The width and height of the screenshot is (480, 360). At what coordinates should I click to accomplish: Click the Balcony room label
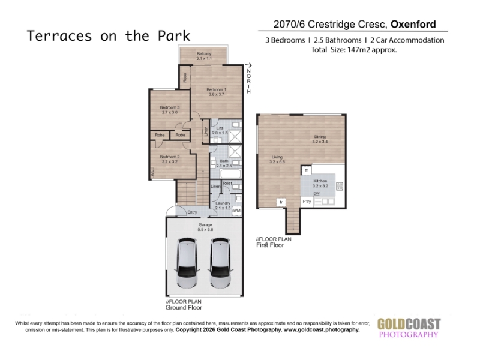(x=204, y=56)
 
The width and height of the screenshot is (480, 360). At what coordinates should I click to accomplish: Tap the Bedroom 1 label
(x=217, y=92)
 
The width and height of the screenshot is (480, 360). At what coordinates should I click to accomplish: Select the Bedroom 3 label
(x=170, y=110)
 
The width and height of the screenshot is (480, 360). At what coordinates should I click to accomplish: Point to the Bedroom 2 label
(x=170, y=159)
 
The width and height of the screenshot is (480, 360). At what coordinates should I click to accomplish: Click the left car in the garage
(x=187, y=263)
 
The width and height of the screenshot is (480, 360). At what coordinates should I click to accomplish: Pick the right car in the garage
(x=220, y=263)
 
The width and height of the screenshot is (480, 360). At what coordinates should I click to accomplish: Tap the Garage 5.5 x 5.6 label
(x=205, y=227)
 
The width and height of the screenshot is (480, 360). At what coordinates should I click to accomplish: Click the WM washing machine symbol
(x=237, y=211)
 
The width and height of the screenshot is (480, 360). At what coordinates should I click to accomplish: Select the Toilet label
(x=227, y=183)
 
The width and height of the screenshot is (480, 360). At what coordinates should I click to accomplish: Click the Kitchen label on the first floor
(x=320, y=184)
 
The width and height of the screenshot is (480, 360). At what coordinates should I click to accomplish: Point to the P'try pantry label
(x=307, y=202)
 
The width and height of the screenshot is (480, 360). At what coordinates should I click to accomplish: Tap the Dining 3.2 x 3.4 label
(x=320, y=139)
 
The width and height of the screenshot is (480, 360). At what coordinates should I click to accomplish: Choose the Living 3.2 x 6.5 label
(x=277, y=160)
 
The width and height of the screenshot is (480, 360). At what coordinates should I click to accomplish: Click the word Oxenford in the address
(x=413, y=24)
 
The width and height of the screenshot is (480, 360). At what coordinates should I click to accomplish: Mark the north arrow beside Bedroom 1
(x=248, y=65)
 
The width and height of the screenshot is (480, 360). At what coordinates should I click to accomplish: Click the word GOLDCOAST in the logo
(x=409, y=324)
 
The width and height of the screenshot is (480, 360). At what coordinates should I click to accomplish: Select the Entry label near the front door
(x=192, y=212)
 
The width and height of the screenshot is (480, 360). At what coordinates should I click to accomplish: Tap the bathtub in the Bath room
(x=231, y=174)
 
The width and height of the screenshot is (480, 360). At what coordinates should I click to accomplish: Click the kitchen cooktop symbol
(x=340, y=186)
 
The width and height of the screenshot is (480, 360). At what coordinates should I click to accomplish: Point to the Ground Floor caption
(x=184, y=308)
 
